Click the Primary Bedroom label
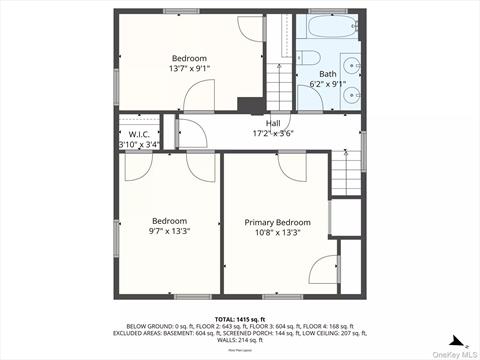[x=277, y=222]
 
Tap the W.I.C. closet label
[x=139, y=134]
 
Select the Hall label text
[x=273, y=123]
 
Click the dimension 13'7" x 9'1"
[x=189, y=69]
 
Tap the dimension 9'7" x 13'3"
[x=170, y=231]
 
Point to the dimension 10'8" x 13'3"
[x=277, y=232]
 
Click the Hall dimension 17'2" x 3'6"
[x=273, y=133]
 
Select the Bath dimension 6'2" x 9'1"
[x=328, y=84]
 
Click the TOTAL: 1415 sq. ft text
[x=239, y=318]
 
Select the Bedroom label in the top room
[x=189, y=58]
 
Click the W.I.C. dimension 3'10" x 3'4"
[x=139, y=145]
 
